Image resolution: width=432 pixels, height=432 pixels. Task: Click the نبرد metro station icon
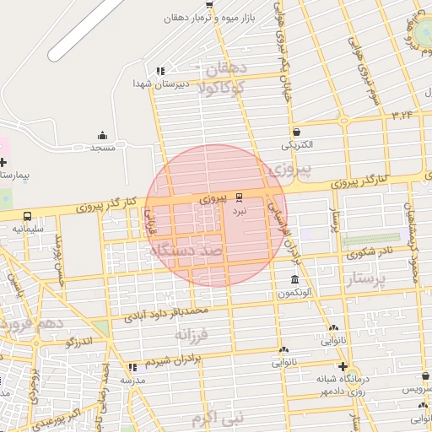[x=239, y=197]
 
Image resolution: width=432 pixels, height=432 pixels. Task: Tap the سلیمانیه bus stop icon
[x=28, y=216]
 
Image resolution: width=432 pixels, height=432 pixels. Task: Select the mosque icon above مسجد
[x=103, y=135]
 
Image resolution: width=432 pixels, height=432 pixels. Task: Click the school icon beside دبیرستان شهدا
[x=161, y=71]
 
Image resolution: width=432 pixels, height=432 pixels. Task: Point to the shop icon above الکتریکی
[x=296, y=132]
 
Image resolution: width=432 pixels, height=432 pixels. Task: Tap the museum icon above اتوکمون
[x=294, y=280]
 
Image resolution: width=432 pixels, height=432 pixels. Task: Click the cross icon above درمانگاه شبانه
[x=342, y=366]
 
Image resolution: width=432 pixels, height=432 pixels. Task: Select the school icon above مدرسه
[x=132, y=368]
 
